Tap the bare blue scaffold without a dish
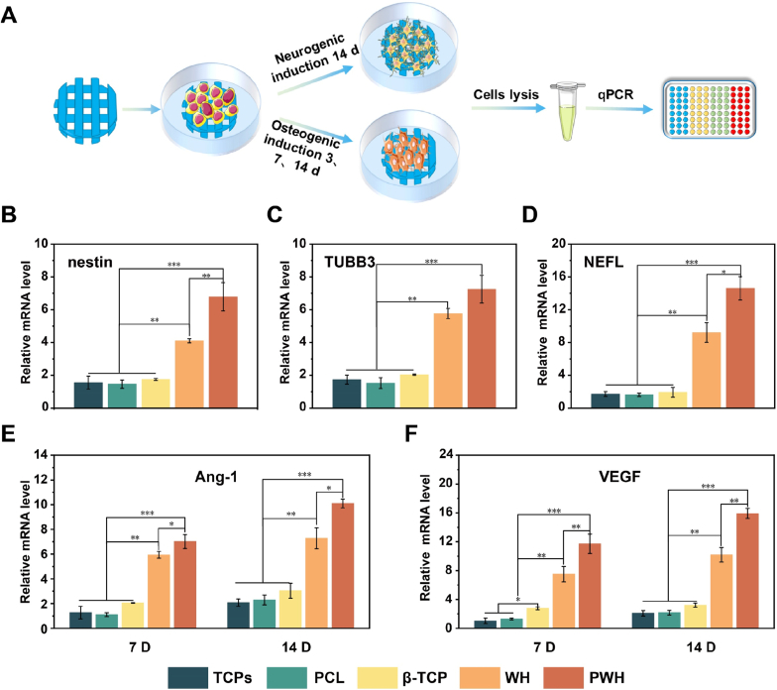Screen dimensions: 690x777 pos(86,117)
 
